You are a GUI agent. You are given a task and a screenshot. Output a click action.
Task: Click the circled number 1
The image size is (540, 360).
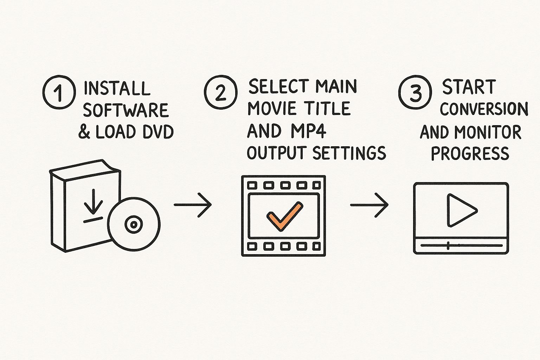click(x=59, y=92)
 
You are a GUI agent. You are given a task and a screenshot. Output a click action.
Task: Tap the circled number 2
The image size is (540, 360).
click(x=220, y=92)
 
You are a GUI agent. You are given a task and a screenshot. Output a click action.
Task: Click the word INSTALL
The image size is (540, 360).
click(x=117, y=88)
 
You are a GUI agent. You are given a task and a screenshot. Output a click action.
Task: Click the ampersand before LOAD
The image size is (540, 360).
click(x=84, y=132)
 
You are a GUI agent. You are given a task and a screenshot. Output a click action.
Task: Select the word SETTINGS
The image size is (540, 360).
click(x=349, y=153)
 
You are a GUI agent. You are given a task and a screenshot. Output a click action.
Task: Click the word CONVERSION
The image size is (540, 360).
click(x=484, y=109)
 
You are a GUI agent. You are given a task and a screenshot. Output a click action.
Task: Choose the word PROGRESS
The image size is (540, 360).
click(x=470, y=153)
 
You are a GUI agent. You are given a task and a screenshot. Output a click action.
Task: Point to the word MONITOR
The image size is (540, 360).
click(x=488, y=132)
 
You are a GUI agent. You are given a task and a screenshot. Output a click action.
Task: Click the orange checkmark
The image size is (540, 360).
click(x=284, y=216)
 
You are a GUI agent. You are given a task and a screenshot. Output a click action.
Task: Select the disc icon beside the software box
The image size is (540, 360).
click(x=134, y=224)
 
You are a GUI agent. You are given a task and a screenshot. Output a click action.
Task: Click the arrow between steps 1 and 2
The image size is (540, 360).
click(x=193, y=205)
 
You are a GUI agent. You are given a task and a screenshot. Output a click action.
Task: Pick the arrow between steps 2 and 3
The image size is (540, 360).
click(x=369, y=205)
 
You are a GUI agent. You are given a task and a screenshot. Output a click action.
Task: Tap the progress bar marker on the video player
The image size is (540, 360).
click(x=448, y=245)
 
